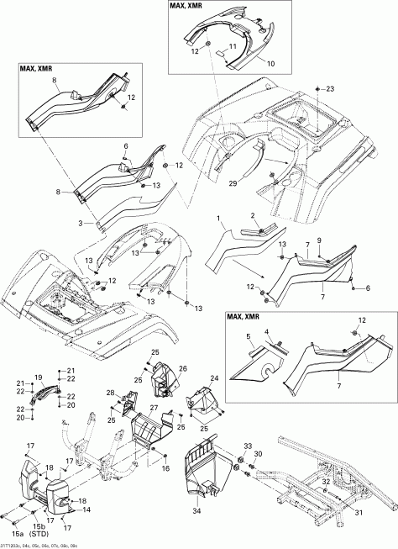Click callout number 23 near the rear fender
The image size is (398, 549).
(329, 88)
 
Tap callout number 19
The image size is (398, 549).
(38, 377)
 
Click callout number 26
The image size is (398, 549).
(182, 367)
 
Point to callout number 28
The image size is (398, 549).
(109, 393)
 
